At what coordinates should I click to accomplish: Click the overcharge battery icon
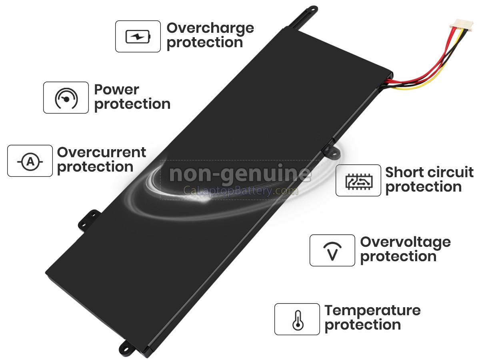138,36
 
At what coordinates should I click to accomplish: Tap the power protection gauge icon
66,98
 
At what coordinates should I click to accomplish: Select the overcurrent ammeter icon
30,162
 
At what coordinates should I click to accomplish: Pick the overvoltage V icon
332,251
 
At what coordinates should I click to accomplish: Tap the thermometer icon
298,320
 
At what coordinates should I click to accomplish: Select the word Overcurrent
102,152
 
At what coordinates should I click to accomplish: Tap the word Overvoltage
406,243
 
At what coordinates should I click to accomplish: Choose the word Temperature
372,311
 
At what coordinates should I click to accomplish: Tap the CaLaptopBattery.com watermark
240,191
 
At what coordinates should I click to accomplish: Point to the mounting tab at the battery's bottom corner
127,347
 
